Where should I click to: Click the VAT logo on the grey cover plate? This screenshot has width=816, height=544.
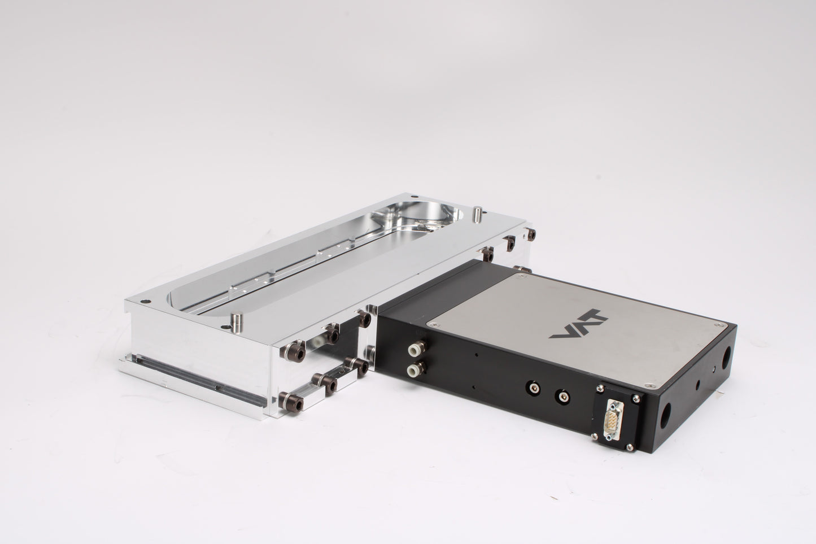tap(578, 324)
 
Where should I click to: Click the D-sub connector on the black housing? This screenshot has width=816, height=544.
tap(613, 420)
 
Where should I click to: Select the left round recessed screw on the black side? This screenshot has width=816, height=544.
tap(532, 387)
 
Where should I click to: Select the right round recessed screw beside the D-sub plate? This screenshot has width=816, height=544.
tap(562, 395)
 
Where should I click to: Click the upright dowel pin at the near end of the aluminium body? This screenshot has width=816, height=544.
tap(237, 322)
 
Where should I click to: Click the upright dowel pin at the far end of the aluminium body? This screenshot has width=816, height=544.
tap(477, 214)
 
